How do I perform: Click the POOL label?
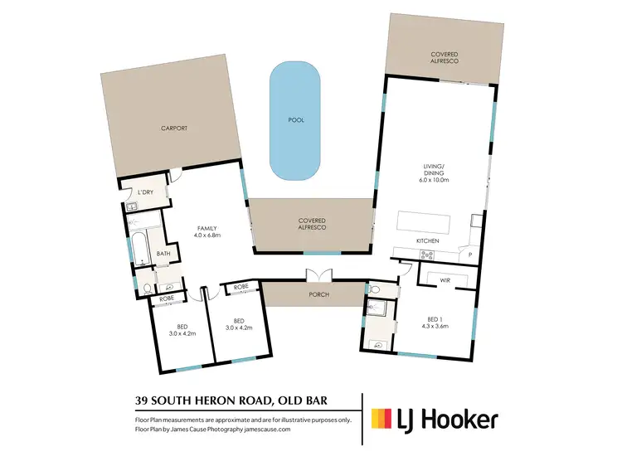296,120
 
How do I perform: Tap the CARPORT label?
174,129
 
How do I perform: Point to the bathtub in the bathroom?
138,245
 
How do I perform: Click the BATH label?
163,254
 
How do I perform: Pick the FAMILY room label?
207,230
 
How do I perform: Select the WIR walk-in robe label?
445,280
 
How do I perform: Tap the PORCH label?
318,294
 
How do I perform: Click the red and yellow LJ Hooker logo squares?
382,419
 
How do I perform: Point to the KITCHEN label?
427,240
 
